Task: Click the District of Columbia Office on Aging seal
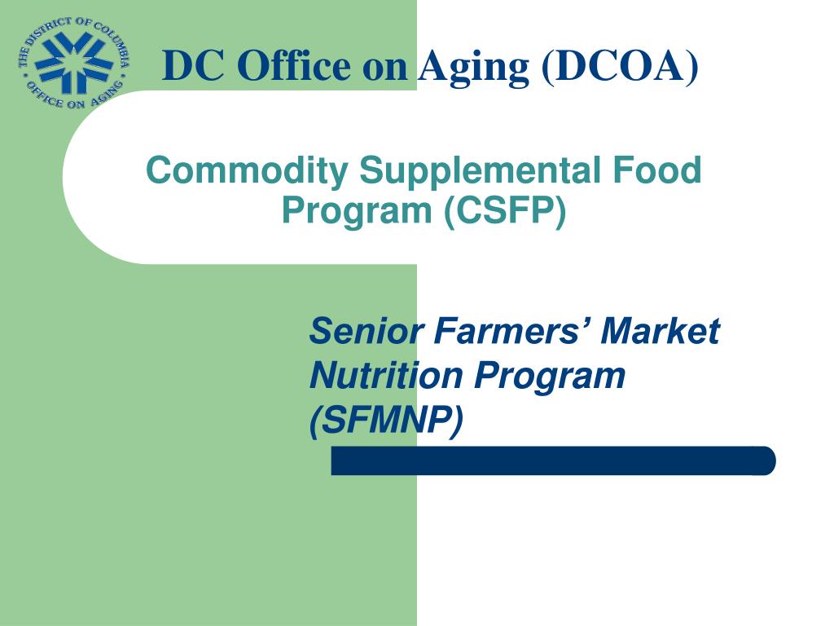click(x=73, y=63)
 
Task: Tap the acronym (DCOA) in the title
click(x=620, y=65)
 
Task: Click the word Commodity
click(x=247, y=171)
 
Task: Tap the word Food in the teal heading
click(x=657, y=170)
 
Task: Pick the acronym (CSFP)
click(x=505, y=211)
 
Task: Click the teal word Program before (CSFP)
click(x=357, y=212)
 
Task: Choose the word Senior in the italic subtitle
click(x=367, y=331)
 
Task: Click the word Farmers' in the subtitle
click(x=512, y=331)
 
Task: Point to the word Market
click(x=660, y=331)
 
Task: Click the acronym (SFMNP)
click(x=386, y=421)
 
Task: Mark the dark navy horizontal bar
click(x=553, y=461)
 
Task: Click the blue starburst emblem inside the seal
click(x=73, y=62)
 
